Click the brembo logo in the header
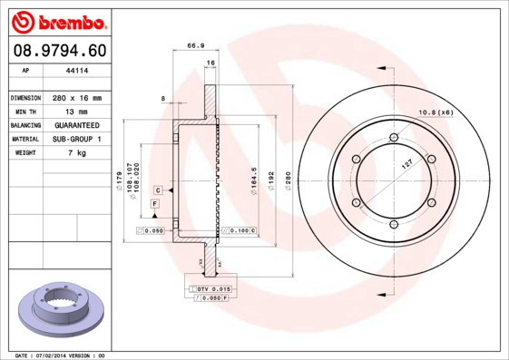tap(58, 21)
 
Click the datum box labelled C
tap(157, 190)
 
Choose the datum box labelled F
tap(154, 206)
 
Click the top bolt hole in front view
tap(393, 138)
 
